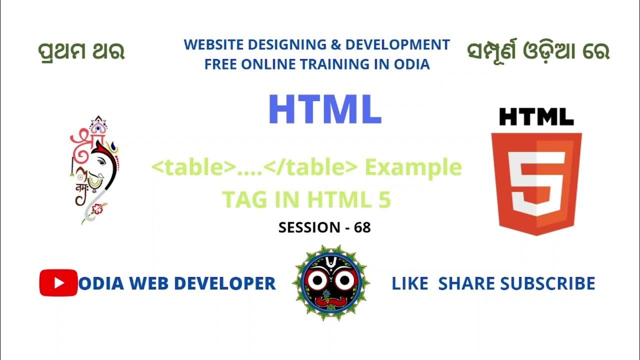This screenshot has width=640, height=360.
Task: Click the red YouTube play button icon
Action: [58, 283]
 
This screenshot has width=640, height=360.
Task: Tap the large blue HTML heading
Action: [325, 109]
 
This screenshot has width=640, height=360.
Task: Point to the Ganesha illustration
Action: [95, 170]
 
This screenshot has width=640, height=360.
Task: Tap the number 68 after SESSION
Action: [362, 227]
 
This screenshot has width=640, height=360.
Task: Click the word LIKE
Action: [409, 283]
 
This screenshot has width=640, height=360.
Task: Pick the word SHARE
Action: [467, 283]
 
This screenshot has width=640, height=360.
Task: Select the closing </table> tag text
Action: [311, 167]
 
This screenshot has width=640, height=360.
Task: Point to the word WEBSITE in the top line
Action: [212, 44]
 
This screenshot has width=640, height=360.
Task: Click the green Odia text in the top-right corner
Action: [538, 52]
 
